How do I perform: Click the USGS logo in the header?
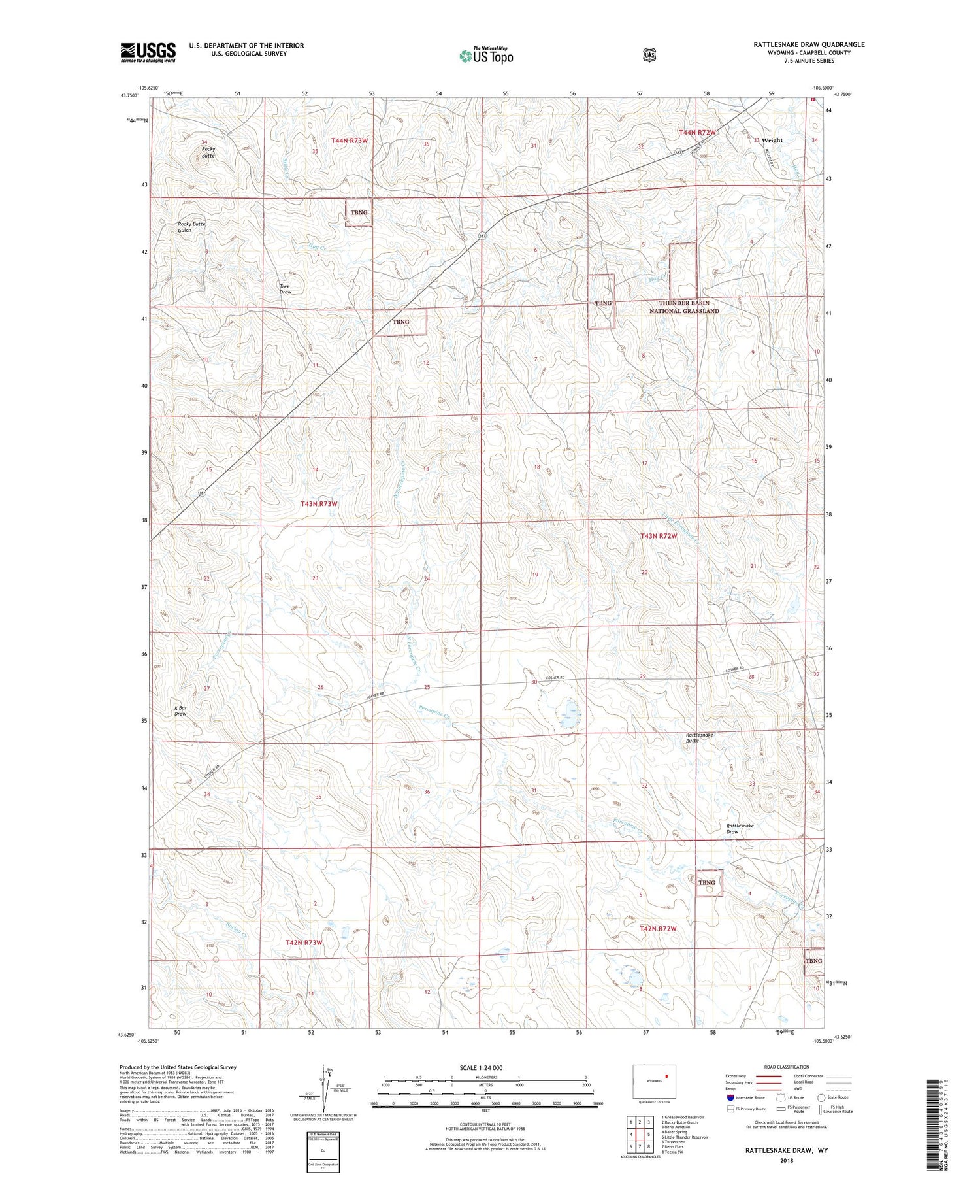click(x=148, y=52)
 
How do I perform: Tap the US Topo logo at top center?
click(x=487, y=56)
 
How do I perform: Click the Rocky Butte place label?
click(x=207, y=152)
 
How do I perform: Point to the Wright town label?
click(x=772, y=140)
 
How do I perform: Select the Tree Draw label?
click(x=285, y=289)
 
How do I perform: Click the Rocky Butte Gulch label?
click(x=191, y=227)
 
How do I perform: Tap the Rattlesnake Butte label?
click(x=699, y=737)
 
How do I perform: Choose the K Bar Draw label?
click(x=180, y=710)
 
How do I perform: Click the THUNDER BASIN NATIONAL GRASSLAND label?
click(x=683, y=307)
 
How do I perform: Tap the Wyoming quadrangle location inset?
click(x=654, y=1080)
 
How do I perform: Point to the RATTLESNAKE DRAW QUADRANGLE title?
click(x=808, y=44)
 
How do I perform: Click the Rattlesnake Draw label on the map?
click(x=740, y=829)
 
